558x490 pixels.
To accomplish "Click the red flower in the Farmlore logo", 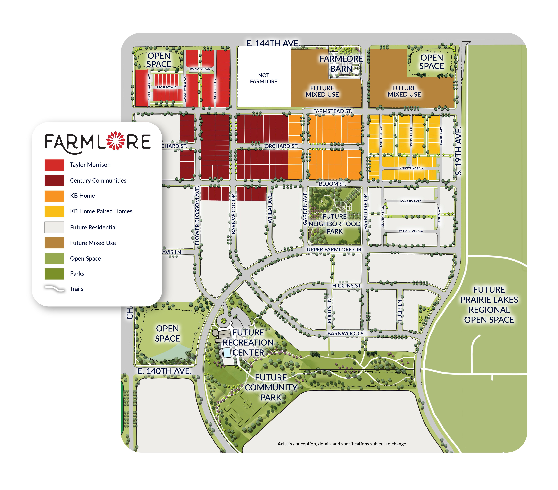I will [115, 141].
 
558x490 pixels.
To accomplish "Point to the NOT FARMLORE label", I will [263, 78].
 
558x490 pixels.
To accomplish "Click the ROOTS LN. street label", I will [330, 310].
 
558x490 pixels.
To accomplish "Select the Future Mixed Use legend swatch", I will [54, 243].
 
